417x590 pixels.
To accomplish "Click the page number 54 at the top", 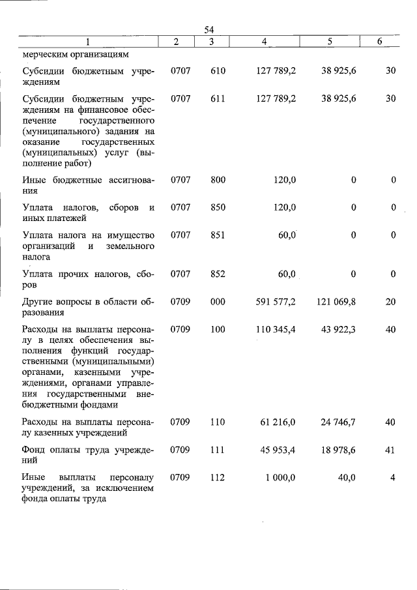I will [209, 29].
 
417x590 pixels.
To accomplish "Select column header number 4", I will [264, 42].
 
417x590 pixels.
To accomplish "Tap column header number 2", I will [177, 42].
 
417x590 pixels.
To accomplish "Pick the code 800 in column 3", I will [218, 179].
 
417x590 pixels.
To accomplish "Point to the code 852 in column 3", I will [218, 274].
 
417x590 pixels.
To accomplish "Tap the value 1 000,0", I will [281, 477].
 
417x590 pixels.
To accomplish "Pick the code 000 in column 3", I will [218, 302].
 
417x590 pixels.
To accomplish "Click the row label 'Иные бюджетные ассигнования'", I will [88, 185].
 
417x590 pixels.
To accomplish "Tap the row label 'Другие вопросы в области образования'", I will [88, 307].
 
